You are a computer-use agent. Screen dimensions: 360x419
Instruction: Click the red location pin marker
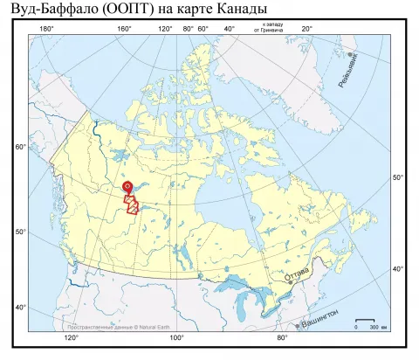click(x=127, y=186)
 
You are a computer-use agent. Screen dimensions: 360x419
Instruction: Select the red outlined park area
click(x=132, y=204)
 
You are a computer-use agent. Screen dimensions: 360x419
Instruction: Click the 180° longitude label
click(x=46, y=29)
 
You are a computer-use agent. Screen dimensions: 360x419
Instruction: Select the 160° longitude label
click(x=124, y=29)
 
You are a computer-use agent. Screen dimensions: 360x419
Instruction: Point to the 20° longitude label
click(x=306, y=29)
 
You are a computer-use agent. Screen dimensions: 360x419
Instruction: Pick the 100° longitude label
click(x=176, y=336)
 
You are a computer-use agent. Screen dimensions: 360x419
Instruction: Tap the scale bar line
click(x=367, y=321)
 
